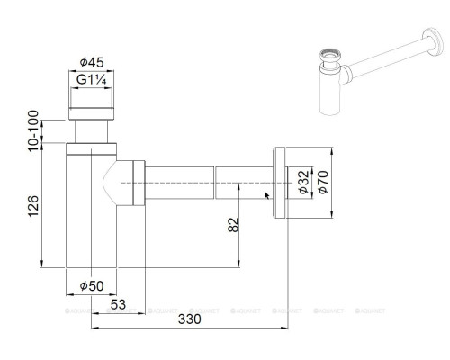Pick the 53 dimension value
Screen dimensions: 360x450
[x=118, y=303]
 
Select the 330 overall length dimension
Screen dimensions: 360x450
[x=188, y=319]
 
